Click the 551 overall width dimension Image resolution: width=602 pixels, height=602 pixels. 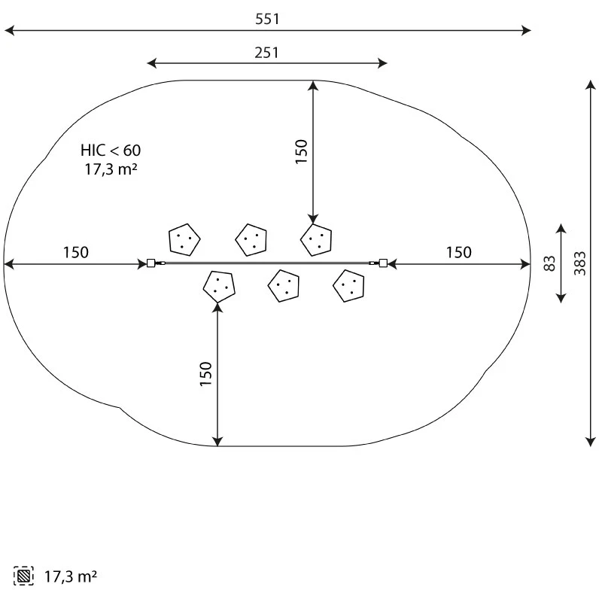pyautogui.click(x=267, y=19)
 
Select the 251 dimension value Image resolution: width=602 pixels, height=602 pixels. pyautogui.click(x=267, y=53)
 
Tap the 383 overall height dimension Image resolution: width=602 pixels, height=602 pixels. pyautogui.click(x=580, y=263)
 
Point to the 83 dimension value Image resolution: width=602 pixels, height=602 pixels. pyautogui.click(x=550, y=263)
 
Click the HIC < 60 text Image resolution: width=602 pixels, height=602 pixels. pyautogui.click(x=111, y=150)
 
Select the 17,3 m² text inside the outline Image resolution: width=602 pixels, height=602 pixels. pyautogui.click(x=111, y=169)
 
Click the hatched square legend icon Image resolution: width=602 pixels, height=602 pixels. pyautogui.click(x=23, y=576)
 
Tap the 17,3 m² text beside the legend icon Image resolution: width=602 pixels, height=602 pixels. pyautogui.click(x=71, y=576)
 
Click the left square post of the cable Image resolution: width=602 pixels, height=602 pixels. pyautogui.click(x=151, y=263)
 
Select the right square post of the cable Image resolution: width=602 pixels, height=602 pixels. pyautogui.click(x=383, y=263)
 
